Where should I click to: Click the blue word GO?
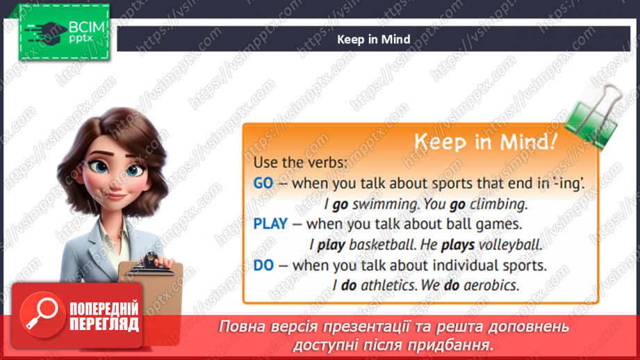point(263,184)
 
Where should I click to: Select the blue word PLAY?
point(270,224)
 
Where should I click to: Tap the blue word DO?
point(263,265)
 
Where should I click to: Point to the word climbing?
point(498,204)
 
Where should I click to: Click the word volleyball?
point(513,245)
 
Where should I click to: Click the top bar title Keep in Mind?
point(373,40)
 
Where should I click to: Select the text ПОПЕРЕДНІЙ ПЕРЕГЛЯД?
point(104,316)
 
